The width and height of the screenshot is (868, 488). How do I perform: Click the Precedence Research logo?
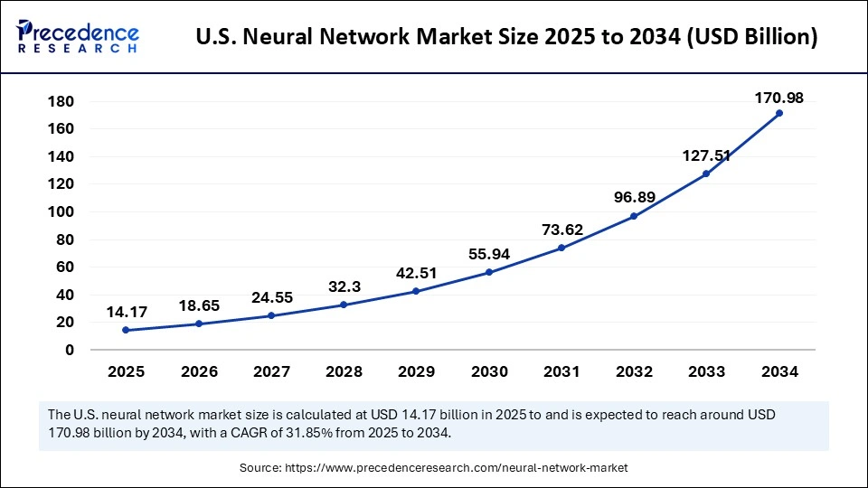point(78,36)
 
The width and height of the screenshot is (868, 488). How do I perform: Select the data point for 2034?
point(778,113)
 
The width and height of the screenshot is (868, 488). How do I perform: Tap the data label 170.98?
point(778,98)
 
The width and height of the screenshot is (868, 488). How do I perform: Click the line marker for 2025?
point(125,330)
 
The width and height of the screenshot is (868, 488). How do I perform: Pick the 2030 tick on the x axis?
point(488,371)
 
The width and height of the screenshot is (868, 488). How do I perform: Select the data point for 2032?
point(633,216)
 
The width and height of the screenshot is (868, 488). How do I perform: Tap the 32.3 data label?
point(344,286)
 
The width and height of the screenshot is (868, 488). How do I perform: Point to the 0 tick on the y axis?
point(69,350)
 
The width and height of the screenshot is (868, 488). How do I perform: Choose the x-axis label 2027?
point(270,371)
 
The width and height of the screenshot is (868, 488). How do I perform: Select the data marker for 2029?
point(416,291)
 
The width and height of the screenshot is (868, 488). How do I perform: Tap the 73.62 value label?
point(562,230)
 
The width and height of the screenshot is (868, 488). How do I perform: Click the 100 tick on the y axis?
point(61,211)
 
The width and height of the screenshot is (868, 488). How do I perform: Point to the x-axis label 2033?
point(706,371)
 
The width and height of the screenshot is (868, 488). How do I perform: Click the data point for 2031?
point(561,248)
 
